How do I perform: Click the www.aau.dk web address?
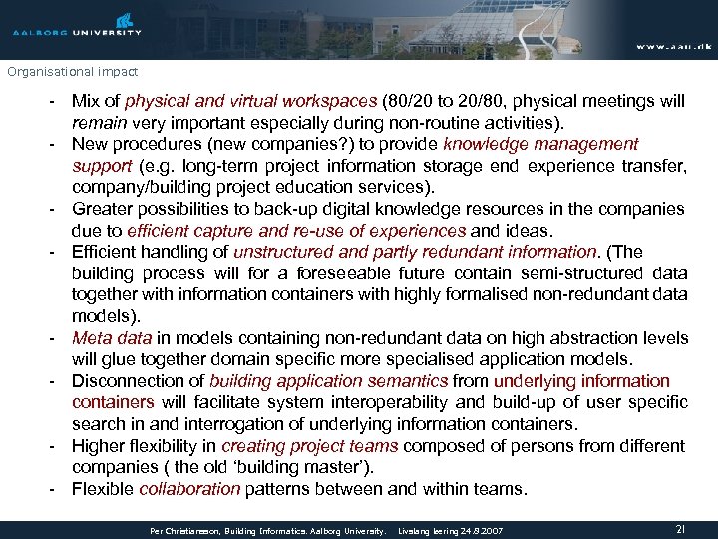tap(673, 47)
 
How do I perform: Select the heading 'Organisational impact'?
tap(72, 72)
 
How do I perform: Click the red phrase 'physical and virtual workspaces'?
tap(251, 101)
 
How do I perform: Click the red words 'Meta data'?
tap(112, 337)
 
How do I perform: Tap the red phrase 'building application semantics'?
tap(329, 381)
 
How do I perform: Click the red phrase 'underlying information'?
tap(581, 381)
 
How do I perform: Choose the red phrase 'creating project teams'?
tap(310, 446)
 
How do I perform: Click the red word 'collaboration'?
tap(189, 489)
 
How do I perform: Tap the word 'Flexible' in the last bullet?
tap(103, 489)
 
